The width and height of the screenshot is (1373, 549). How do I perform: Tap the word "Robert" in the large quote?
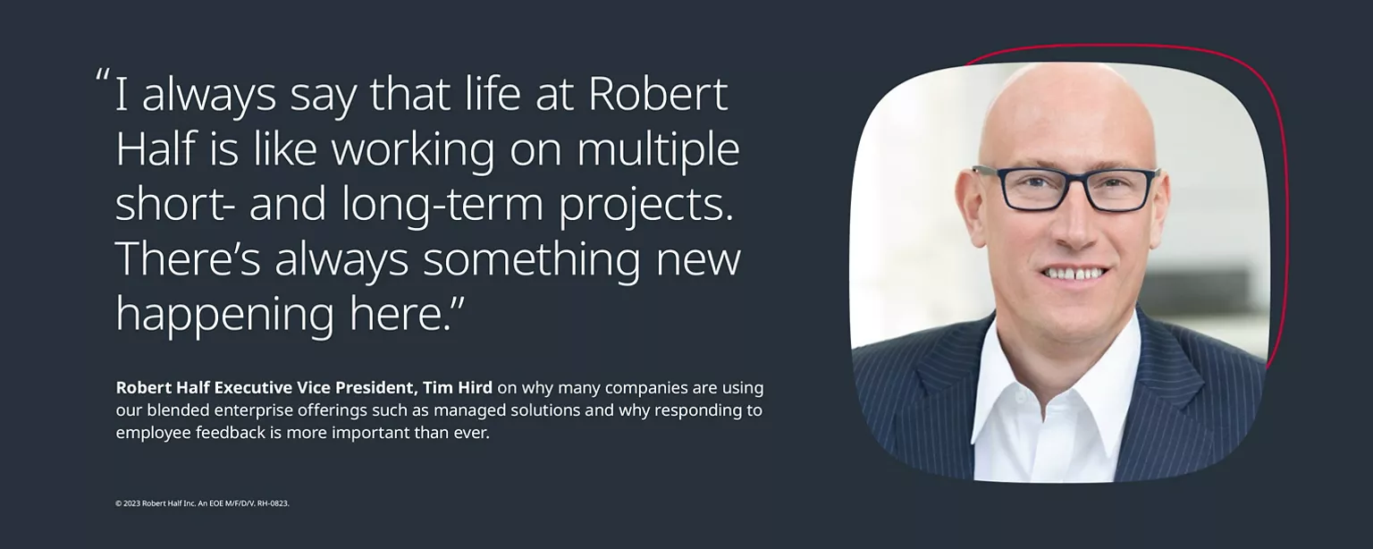pyautogui.click(x=658, y=94)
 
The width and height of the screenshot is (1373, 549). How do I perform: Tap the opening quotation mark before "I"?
pyautogui.click(x=103, y=75)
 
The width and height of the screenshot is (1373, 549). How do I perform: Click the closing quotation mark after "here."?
pyautogui.click(x=458, y=303)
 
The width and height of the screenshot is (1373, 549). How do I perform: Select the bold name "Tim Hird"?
pyautogui.click(x=458, y=388)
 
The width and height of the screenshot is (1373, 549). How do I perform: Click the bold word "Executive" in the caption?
pyautogui.click(x=253, y=388)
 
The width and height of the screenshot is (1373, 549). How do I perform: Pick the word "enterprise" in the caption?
pyautogui.click(x=251, y=410)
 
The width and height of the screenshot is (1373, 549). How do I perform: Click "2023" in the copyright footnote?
pyautogui.click(x=131, y=503)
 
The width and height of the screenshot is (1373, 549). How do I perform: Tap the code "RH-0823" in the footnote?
pyautogui.click(x=272, y=503)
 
